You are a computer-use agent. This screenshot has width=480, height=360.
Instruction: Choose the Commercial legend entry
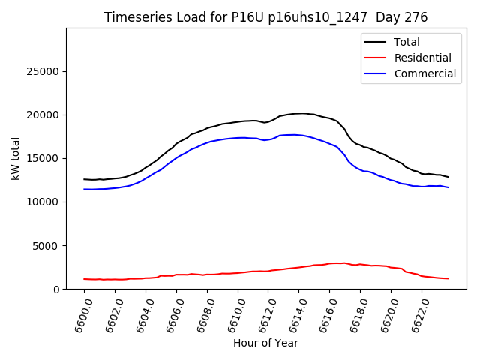(424, 73)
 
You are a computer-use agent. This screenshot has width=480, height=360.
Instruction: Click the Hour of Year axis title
(265, 343)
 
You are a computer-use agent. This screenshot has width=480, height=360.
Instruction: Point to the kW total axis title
(16, 159)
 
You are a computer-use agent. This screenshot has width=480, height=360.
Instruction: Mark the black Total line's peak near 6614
(301, 113)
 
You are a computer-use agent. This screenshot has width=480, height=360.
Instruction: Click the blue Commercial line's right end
(448, 187)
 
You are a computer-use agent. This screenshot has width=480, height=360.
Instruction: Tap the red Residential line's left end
(84, 279)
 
